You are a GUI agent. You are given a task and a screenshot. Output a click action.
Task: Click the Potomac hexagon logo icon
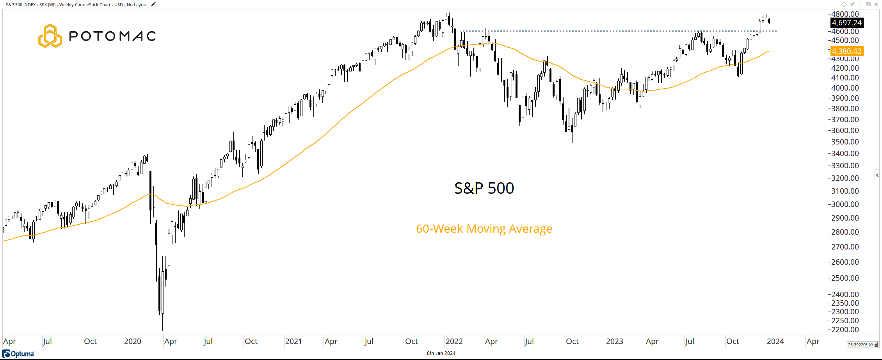pos(50,36)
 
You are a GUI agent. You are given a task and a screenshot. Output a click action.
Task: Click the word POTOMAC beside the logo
pos(112,36)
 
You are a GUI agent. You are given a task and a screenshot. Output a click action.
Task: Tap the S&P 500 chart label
pos(484,188)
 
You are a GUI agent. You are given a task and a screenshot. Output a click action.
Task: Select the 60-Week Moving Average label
pos(484,228)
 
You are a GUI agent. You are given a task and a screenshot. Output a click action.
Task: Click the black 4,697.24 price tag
pos(846,23)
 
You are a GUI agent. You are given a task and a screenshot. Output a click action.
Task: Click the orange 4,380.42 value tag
pos(846,51)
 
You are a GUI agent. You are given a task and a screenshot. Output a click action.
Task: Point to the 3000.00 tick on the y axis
pos(845,204)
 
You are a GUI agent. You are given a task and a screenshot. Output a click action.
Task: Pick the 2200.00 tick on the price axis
pos(845,330)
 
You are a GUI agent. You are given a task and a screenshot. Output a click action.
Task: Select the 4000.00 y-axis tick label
pos(845,88)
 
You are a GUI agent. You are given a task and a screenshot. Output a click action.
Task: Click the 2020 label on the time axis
pos(132,341)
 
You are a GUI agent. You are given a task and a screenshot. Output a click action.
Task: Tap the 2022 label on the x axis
pos(454,341)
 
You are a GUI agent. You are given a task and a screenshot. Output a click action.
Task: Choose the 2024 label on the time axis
pos(775,341)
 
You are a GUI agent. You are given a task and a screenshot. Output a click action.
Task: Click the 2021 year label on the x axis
pos(293,341)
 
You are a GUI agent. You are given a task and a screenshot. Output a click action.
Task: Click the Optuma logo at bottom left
pos(18,354)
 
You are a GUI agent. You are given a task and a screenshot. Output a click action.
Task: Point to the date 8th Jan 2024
pos(441,353)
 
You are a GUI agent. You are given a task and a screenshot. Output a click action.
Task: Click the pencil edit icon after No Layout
pos(153,5)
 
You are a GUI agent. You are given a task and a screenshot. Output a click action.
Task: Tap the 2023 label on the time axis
pos(614,341)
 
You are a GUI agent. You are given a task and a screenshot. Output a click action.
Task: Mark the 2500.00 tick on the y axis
pos(845,278)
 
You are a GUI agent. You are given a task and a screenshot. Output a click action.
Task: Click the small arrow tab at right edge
pos(877,175)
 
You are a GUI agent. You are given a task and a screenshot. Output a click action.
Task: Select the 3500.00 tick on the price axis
pos(845,142)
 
